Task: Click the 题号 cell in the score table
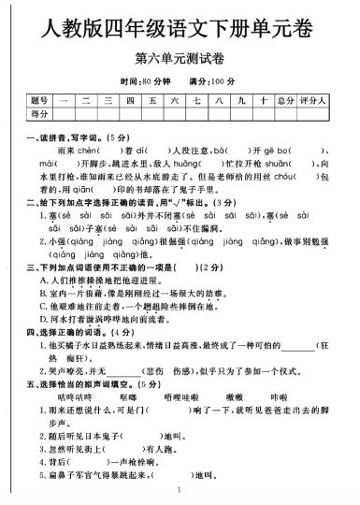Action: click(39, 100)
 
